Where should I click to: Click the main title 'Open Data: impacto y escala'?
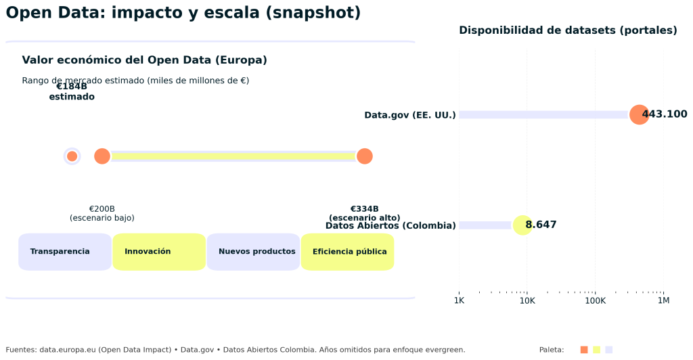[x=183, y=13]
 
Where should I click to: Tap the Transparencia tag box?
[x=65, y=252]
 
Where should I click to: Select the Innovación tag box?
[x=159, y=252]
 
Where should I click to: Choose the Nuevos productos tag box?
[x=253, y=252]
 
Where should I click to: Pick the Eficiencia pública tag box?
[x=347, y=252]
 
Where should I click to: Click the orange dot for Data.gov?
[x=638, y=114]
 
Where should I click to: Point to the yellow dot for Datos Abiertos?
[x=522, y=225]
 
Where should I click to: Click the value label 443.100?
[x=665, y=114]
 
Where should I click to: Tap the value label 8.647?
[x=541, y=225]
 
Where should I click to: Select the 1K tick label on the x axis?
[x=459, y=300]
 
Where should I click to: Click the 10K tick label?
[x=527, y=300]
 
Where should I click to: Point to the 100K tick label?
[x=595, y=300]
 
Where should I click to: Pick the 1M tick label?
[x=663, y=300]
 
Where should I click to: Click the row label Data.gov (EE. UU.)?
[x=410, y=115]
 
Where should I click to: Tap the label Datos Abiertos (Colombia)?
[x=390, y=225]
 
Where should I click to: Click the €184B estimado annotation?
[x=72, y=91]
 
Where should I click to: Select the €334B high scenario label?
[x=364, y=212]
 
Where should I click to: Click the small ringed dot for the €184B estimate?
[x=72, y=156]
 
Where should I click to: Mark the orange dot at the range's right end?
[x=364, y=156]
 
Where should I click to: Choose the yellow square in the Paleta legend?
[x=596, y=350]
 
